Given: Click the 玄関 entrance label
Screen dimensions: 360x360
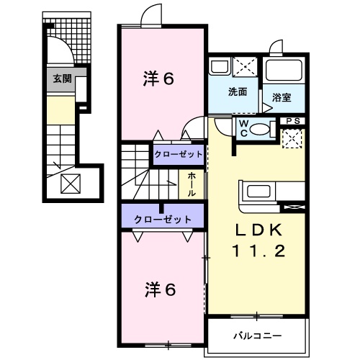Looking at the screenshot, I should click(x=62, y=78).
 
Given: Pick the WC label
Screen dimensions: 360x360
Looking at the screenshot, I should click(x=244, y=128).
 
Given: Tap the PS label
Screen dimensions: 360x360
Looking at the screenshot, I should click(x=293, y=121).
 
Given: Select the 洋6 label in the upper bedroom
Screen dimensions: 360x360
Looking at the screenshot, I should click(x=159, y=79).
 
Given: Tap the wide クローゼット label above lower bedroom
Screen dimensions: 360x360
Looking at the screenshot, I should click(x=162, y=218).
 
